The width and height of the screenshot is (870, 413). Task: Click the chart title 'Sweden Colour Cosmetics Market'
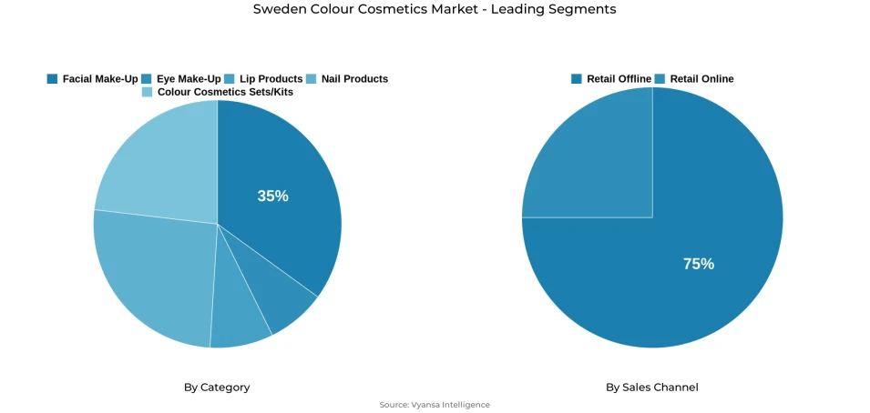[x=435, y=10]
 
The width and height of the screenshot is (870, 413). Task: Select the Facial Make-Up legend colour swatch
[x=53, y=79]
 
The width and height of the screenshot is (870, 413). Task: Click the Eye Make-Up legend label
[x=189, y=79]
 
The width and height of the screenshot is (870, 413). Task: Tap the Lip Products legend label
[x=271, y=79]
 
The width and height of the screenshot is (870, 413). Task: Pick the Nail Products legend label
[x=354, y=79]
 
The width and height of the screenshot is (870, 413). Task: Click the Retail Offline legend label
[x=619, y=79]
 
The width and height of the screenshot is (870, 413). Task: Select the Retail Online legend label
[x=701, y=79]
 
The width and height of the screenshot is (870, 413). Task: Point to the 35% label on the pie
[x=272, y=196]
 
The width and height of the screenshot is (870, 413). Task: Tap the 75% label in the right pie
[x=699, y=264]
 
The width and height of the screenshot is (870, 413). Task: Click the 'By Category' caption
[x=217, y=388]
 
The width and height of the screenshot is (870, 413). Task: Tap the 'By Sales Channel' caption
[x=652, y=388]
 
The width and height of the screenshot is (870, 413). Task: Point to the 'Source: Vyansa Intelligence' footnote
[x=435, y=405]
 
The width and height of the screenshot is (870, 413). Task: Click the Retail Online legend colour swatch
[x=660, y=79]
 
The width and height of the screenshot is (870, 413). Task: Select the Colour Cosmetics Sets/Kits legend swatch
[x=148, y=92]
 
